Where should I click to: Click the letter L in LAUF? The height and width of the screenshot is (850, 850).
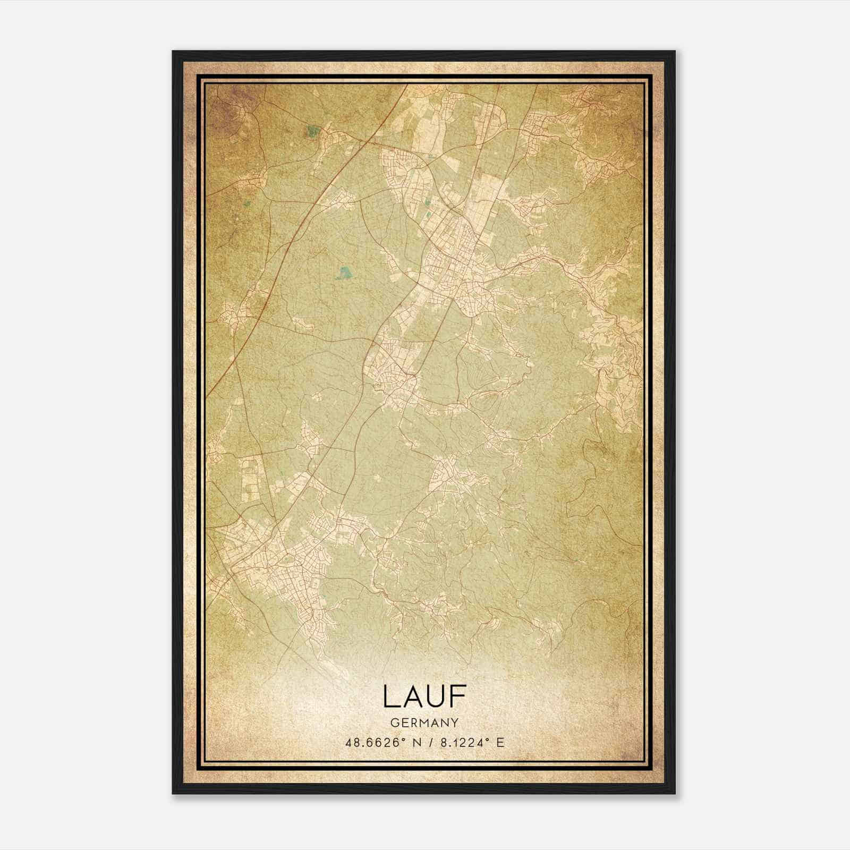390,696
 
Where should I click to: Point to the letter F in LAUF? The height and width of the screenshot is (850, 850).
458,696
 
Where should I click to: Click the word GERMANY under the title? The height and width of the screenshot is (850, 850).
424,722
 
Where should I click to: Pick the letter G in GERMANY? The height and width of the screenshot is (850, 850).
394,722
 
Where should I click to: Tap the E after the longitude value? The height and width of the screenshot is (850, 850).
499,743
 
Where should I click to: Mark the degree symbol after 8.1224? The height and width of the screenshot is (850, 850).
485,739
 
